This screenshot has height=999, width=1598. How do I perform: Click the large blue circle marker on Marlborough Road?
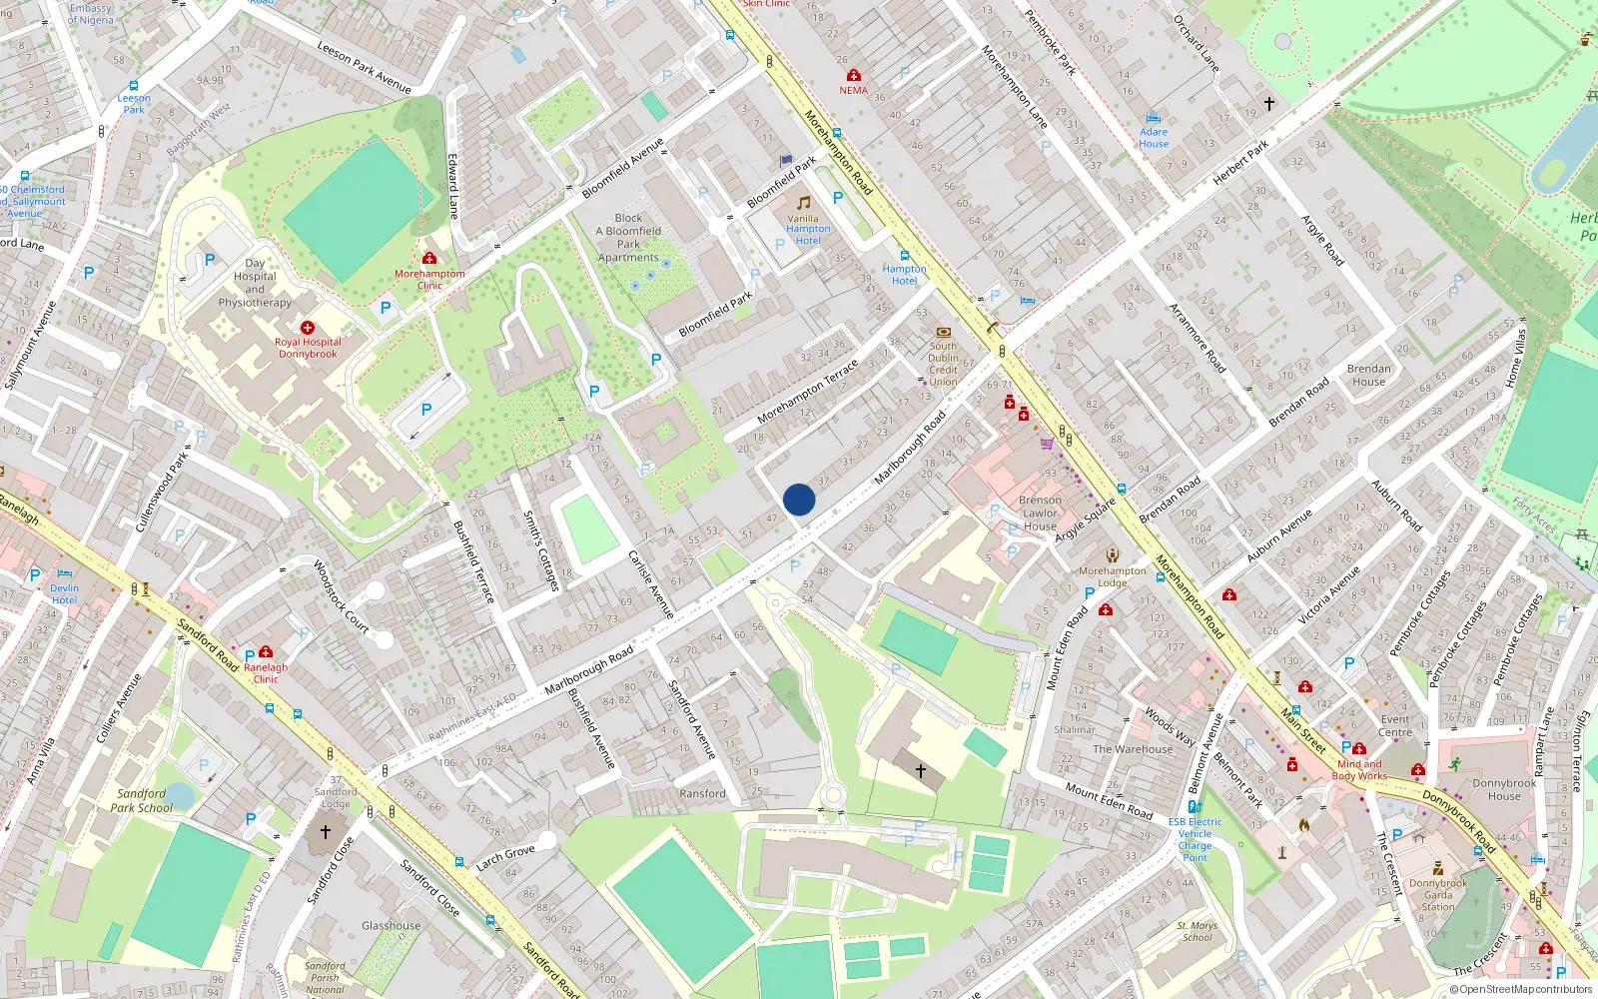(799, 499)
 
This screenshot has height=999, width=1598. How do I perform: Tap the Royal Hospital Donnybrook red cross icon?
(308, 328)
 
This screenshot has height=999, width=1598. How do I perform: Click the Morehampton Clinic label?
(429, 280)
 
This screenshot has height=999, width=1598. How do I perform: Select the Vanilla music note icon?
(803, 203)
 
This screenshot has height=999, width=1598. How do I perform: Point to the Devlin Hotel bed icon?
(65, 574)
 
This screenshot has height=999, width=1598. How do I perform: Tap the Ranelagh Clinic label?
(266, 673)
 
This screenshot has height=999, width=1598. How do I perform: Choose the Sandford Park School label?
(142, 800)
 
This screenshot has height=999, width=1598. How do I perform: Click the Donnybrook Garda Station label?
(1438, 895)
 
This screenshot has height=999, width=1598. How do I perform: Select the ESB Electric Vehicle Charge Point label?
(1195, 839)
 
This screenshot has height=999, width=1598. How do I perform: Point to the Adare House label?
(1154, 138)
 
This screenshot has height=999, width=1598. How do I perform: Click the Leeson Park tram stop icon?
(134, 86)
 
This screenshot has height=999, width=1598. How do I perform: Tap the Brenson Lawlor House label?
(1040, 512)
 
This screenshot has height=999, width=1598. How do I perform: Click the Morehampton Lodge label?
(1113, 576)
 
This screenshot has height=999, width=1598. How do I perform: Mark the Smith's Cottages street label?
(540, 549)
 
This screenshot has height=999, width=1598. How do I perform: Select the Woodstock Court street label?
(341, 597)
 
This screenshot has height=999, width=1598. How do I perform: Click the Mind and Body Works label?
(1359, 769)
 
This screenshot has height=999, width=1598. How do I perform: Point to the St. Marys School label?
(1198, 931)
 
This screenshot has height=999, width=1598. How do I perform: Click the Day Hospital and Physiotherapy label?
(255, 283)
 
